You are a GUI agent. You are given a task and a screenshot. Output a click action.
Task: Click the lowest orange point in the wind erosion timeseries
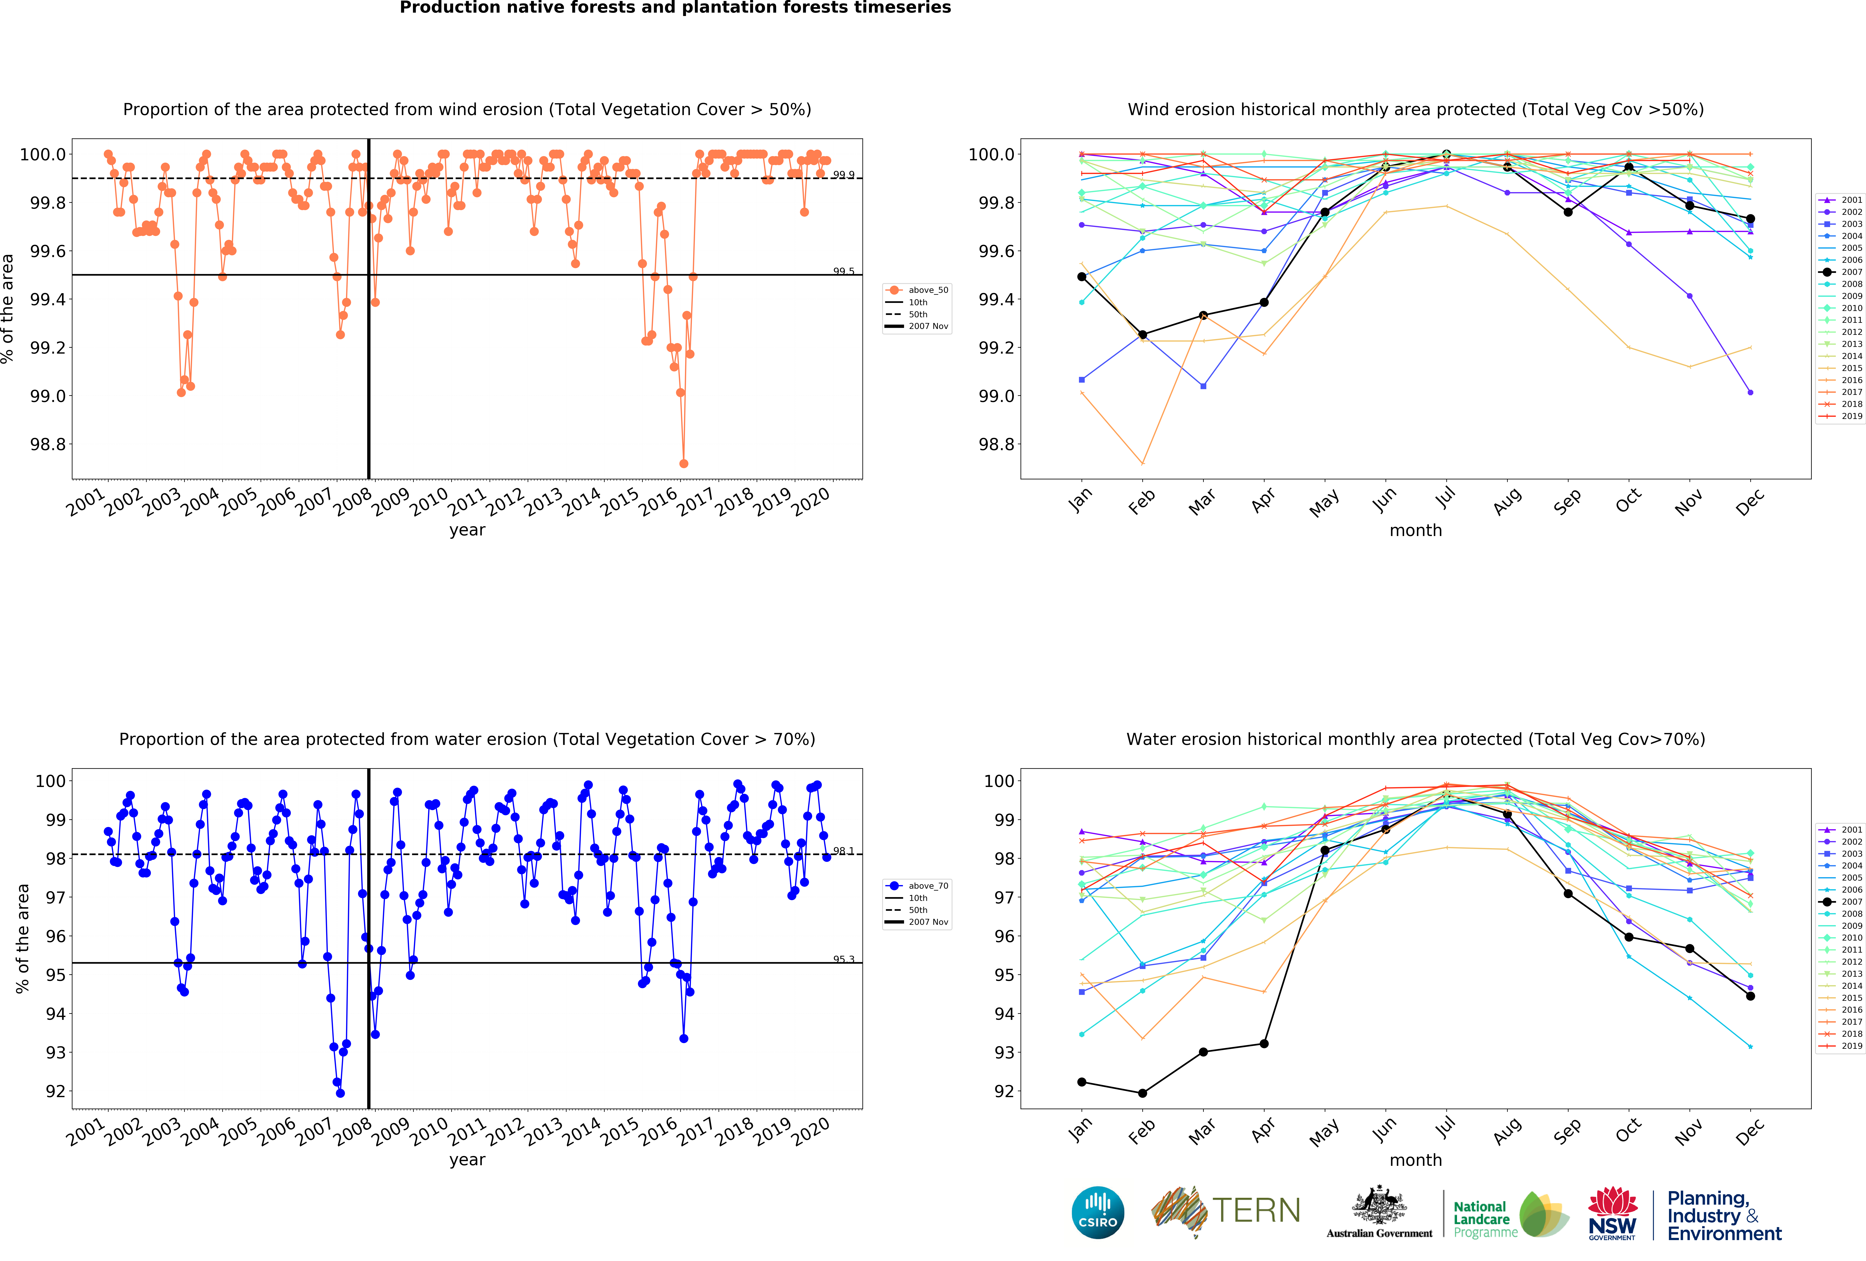[x=683, y=463]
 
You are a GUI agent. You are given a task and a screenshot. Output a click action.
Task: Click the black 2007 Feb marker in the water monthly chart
[x=1143, y=1093]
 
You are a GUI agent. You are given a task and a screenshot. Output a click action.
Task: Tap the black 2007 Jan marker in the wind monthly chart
[x=1082, y=276]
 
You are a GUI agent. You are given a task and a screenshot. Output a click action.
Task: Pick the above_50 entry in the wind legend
[x=927, y=290]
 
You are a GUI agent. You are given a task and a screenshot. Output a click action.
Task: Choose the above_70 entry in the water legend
[x=927, y=886]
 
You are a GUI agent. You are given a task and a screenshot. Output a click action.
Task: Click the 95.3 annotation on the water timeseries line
[x=843, y=959]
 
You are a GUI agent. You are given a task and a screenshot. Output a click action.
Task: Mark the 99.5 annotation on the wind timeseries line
[x=843, y=271]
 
